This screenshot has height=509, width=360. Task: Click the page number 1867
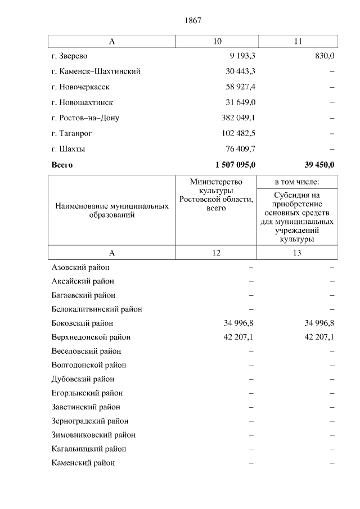(192, 20)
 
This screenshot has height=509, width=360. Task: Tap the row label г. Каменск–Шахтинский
(96, 71)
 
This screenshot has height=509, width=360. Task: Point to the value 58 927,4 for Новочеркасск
(240, 87)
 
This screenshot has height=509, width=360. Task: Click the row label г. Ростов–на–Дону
(85, 118)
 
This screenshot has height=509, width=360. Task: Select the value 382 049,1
(238, 118)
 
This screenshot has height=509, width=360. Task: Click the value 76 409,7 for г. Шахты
(240, 149)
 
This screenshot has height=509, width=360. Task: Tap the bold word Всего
(62, 165)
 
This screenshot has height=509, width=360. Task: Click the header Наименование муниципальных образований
(112, 211)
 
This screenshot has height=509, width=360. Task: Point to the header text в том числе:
(297, 182)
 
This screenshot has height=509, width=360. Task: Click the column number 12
(217, 253)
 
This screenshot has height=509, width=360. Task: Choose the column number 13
(297, 253)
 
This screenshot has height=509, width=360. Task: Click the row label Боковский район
(82, 323)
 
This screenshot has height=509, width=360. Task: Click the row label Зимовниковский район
(93, 435)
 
